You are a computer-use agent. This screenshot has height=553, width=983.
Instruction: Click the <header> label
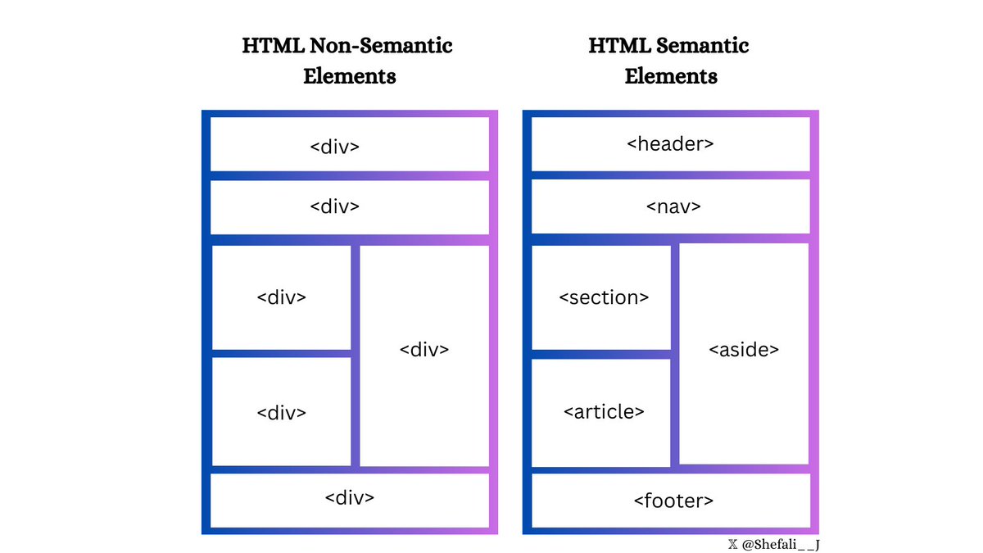(x=670, y=144)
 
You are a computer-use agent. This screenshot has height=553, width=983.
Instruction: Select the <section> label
(x=604, y=297)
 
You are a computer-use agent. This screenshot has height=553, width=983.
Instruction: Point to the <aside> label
(x=743, y=350)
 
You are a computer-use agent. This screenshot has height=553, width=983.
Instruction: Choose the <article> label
(x=604, y=411)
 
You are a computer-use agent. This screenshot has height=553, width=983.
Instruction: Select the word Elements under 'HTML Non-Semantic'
(x=349, y=76)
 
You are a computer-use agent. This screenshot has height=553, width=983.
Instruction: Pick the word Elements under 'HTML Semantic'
(x=671, y=76)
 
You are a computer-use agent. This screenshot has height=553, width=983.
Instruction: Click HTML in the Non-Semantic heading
(x=264, y=45)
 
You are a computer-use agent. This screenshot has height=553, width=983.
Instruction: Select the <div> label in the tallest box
(x=424, y=350)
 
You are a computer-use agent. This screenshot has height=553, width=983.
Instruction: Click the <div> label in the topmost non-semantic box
(x=334, y=147)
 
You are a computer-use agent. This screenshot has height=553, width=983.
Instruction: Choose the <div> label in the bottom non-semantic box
(x=350, y=497)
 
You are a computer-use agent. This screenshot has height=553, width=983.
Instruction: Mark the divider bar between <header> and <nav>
(x=670, y=175)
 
